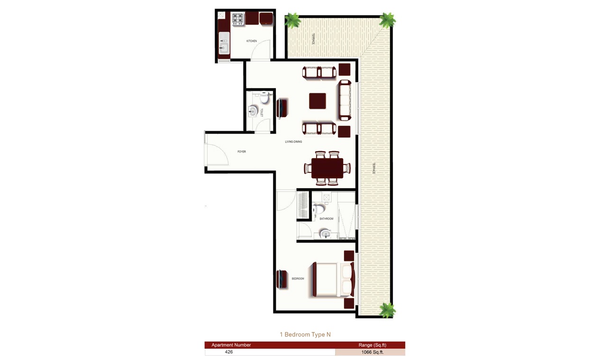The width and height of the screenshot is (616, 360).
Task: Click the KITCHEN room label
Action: pyautogui.click(x=252, y=41)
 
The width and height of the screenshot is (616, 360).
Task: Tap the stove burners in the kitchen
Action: pyautogui.click(x=237, y=18)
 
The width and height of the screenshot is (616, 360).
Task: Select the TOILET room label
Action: pyautogui.click(x=261, y=112)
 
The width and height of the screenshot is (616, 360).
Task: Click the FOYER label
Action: pyautogui.click(x=242, y=152)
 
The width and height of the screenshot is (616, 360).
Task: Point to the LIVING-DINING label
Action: pyautogui.click(x=293, y=142)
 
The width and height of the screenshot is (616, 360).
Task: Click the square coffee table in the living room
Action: pyautogui.click(x=317, y=101)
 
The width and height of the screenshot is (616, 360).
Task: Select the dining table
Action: pyautogui.click(x=327, y=168)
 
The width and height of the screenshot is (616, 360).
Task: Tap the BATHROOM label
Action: pyautogui.click(x=326, y=219)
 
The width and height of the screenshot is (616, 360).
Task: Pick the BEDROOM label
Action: pyautogui.click(x=298, y=279)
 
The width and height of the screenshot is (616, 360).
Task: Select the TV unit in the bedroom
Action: pyautogui.click(x=282, y=279)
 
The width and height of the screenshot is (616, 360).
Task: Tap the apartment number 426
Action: pyautogui.click(x=229, y=352)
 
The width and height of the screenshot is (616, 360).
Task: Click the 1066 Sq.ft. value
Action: pyautogui.click(x=372, y=352)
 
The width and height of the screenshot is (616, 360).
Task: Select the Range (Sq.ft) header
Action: pyautogui.click(x=372, y=345)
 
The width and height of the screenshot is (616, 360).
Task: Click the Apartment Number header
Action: pyautogui.click(x=231, y=345)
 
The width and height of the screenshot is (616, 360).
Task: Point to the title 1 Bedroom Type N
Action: pyautogui.click(x=305, y=334)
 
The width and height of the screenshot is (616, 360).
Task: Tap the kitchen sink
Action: pyautogui.click(x=223, y=48)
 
